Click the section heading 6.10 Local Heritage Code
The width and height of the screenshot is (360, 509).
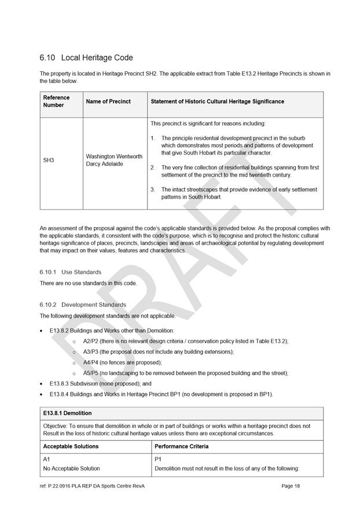pos(86,58)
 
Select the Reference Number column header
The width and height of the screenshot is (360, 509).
pos(56,101)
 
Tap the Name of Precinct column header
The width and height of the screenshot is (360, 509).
pos(108,101)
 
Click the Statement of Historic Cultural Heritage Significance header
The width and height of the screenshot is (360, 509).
pos(217,101)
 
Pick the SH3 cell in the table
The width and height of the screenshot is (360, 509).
pos(49,160)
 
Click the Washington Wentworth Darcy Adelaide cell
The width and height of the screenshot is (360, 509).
pos(114,160)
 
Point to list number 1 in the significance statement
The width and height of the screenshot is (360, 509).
pos(152,138)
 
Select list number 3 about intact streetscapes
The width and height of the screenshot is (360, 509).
pos(152,189)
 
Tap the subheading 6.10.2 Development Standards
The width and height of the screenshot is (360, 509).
pos(83,305)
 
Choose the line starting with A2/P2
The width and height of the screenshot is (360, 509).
pos(185,341)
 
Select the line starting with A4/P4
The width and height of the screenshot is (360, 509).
pos(122,362)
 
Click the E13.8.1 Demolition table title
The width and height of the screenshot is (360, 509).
pos(67,413)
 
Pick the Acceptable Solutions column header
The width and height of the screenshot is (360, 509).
pos(71,446)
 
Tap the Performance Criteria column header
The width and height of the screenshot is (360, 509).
pos(182,446)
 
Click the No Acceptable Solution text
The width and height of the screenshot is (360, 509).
pos(71,468)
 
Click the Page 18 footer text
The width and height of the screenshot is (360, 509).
pos(291,486)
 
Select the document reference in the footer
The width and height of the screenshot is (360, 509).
pos(92,486)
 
